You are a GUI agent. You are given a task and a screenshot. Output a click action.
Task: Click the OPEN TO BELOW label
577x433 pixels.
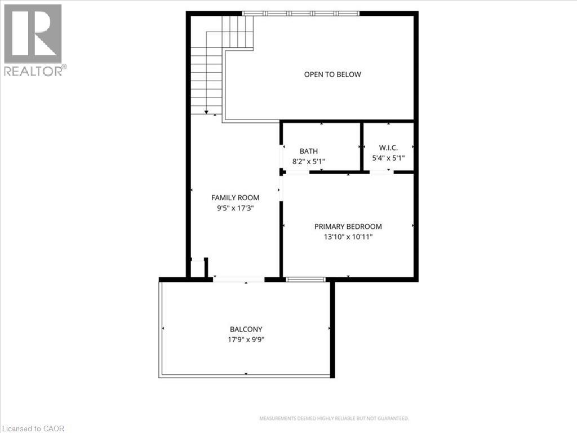(x=332, y=74)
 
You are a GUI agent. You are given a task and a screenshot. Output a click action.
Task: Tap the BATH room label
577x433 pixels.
(x=308, y=151)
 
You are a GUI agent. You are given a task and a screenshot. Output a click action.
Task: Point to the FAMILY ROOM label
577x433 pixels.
(x=235, y=197)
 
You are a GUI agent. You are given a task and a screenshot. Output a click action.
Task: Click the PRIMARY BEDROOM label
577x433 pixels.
(x=348, y=227)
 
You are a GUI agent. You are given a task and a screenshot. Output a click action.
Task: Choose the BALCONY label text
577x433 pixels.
(x=246, y=330)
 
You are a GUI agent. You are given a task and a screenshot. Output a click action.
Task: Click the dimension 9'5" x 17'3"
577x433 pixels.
(x=235, y=207)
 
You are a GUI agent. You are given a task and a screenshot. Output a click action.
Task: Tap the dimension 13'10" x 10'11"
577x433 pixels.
(x=348, y=237)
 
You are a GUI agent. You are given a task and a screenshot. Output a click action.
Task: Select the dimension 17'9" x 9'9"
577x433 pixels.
(x=246, y=340)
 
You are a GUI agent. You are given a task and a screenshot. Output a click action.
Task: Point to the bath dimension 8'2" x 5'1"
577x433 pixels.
(x=308, y=161)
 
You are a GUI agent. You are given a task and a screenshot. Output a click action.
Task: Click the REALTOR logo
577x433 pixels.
(x=33, y=39)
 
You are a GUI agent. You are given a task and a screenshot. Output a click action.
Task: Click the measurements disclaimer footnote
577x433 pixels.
(x=334, y=419)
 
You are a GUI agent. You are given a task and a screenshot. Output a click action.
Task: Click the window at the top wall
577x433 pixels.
(x=300, y=13)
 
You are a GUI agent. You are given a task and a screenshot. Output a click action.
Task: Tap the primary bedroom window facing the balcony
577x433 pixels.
(x=306, y=279)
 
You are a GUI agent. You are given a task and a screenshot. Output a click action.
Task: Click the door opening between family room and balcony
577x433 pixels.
(x=238, y=279)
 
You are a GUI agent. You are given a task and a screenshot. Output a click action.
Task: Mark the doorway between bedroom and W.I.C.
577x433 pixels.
(x=381, y=171)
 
